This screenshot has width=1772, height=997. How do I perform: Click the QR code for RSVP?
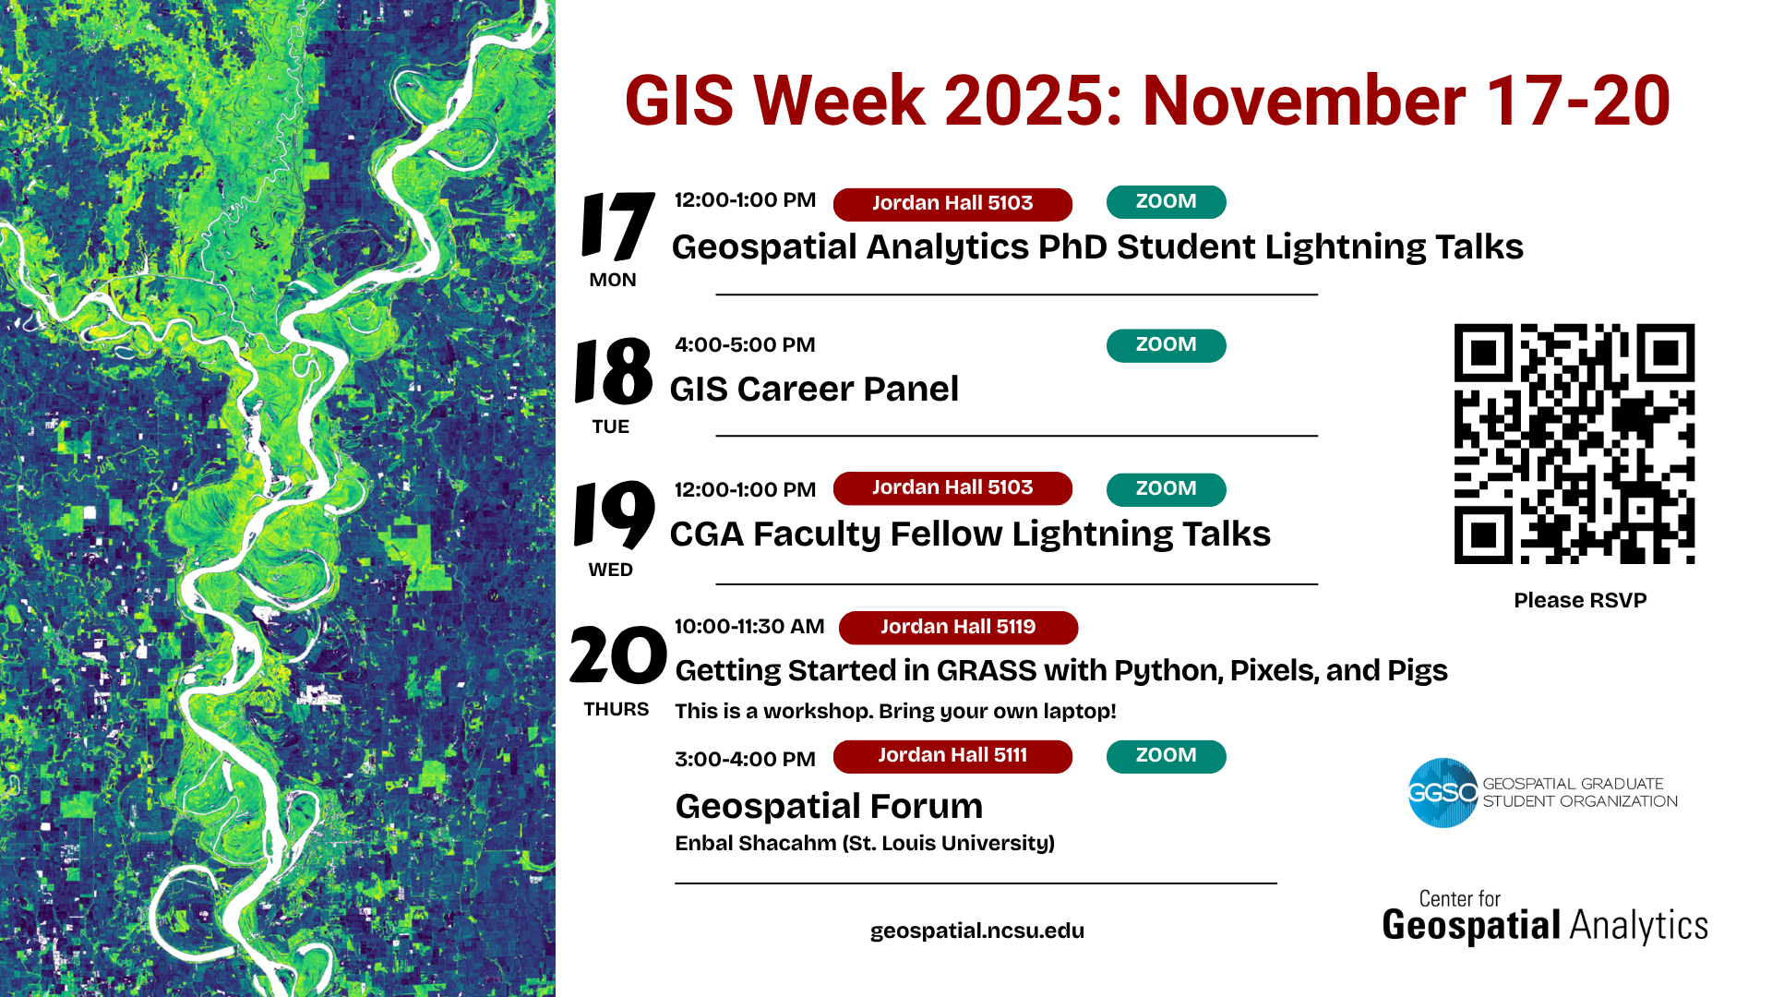point(1574,443)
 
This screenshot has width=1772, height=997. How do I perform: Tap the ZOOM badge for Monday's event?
point(1166,202)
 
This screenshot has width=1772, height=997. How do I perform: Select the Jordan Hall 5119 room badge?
point(958,627)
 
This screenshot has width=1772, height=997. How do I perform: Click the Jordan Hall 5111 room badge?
point(952,756)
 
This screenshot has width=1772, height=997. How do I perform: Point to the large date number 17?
point(617,226)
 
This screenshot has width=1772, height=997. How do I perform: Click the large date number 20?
point(617,655)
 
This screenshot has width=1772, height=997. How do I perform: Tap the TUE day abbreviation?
point(611,427)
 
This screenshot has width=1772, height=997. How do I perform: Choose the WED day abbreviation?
point(611,571)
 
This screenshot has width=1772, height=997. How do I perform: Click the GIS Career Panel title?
point(814,390)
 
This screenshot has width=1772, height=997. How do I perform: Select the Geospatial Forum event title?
point(829,807)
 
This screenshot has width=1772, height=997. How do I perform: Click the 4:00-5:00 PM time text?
point(745,345)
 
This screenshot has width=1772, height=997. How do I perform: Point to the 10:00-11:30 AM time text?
point(749,627)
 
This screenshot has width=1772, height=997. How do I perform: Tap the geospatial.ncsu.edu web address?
point(977,931)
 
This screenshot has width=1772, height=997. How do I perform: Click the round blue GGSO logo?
point(1443,793)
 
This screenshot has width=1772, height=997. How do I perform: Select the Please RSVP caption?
point(1580,601)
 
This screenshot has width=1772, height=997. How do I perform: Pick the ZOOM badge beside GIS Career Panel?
point(1166,345)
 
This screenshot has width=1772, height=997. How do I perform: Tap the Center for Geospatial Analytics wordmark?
point(1545,917)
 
